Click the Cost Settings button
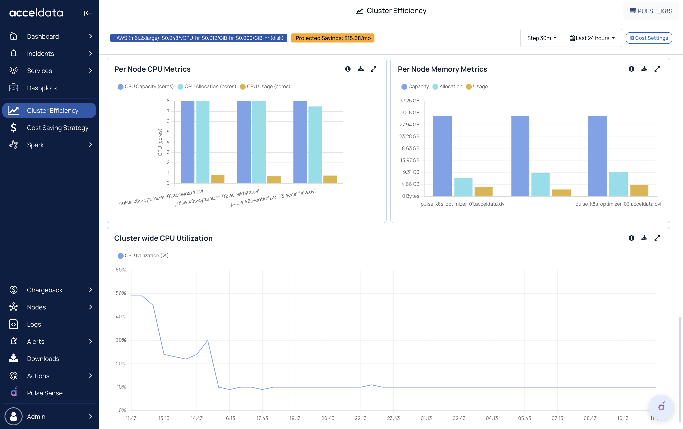(x=649, y=38)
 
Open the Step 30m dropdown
(x=542, y=38)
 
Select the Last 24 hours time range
(x=592, y=38)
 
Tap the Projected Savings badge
(x=332, y=38)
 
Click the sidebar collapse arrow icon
(x=88, y=13)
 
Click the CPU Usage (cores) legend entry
(x=265, y=87)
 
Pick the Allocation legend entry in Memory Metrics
(x=447, y=87)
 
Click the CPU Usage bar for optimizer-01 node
(x=218, y=179)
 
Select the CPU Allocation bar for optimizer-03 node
(x=315, y=145)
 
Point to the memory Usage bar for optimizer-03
(x=639, y=191)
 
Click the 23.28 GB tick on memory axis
(x=409, y=137)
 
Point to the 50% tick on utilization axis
(x=121, y=293)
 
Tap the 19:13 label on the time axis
(x=295, y=418)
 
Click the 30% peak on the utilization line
(x=208, y=340)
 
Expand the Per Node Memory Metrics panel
(x=657, y=69)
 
